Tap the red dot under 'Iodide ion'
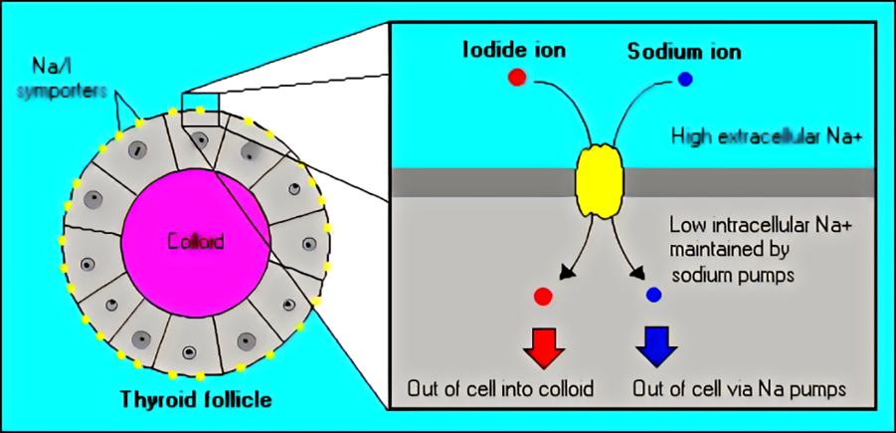pos(516,79)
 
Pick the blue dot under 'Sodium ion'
pos(685,79)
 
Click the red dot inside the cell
pos(542,296)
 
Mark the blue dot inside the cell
pos(653,295)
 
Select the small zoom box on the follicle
pos(199,105)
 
